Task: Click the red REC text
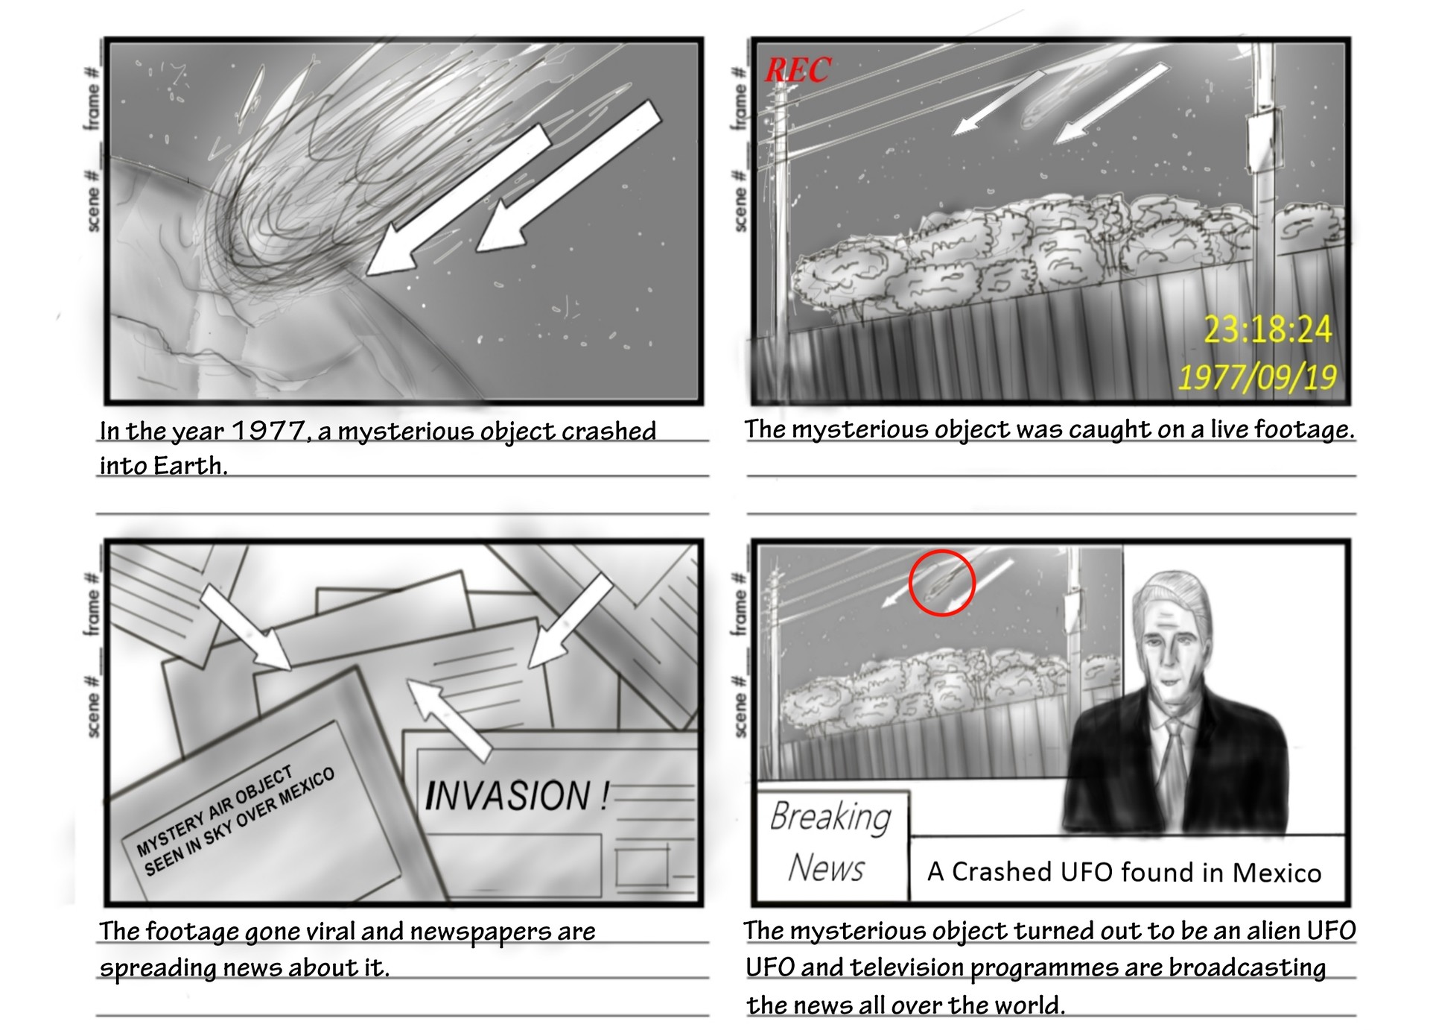[x=797, y=70]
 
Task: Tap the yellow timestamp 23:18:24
[x=1268, y=329]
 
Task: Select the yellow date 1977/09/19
[x=1257, y=376]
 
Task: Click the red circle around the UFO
[x=941, y=582]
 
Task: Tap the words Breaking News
[x=830, y=842]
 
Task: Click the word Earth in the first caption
[x=189, y=466]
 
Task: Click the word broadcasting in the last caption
[x=1247, y=967]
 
